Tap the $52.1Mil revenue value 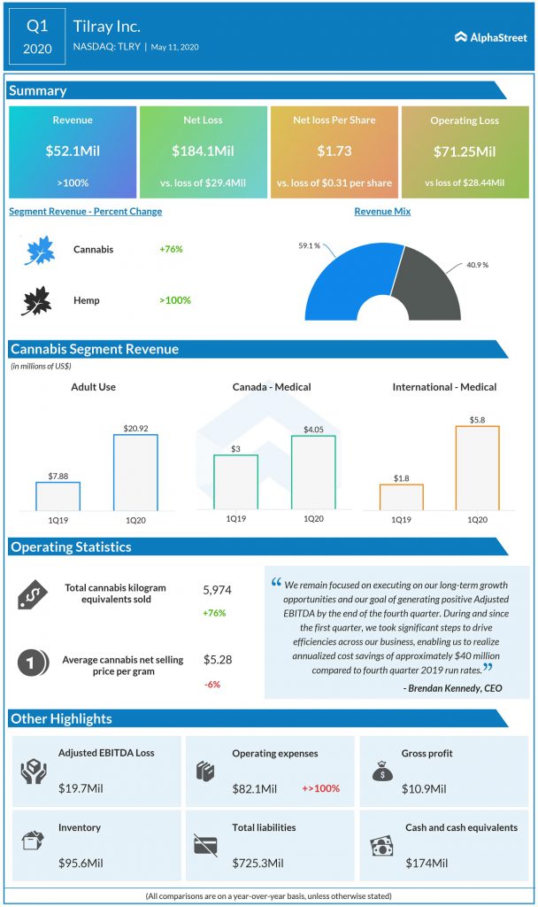point(73,151)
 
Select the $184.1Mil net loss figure point(203,151)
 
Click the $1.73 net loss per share point(334,151)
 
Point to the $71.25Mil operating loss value point(465,151)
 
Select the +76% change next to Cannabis point(171,250)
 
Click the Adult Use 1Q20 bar point(135,472)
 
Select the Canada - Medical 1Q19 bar point(235,482)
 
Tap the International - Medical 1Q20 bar point(477,468)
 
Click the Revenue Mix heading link point(382,212)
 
